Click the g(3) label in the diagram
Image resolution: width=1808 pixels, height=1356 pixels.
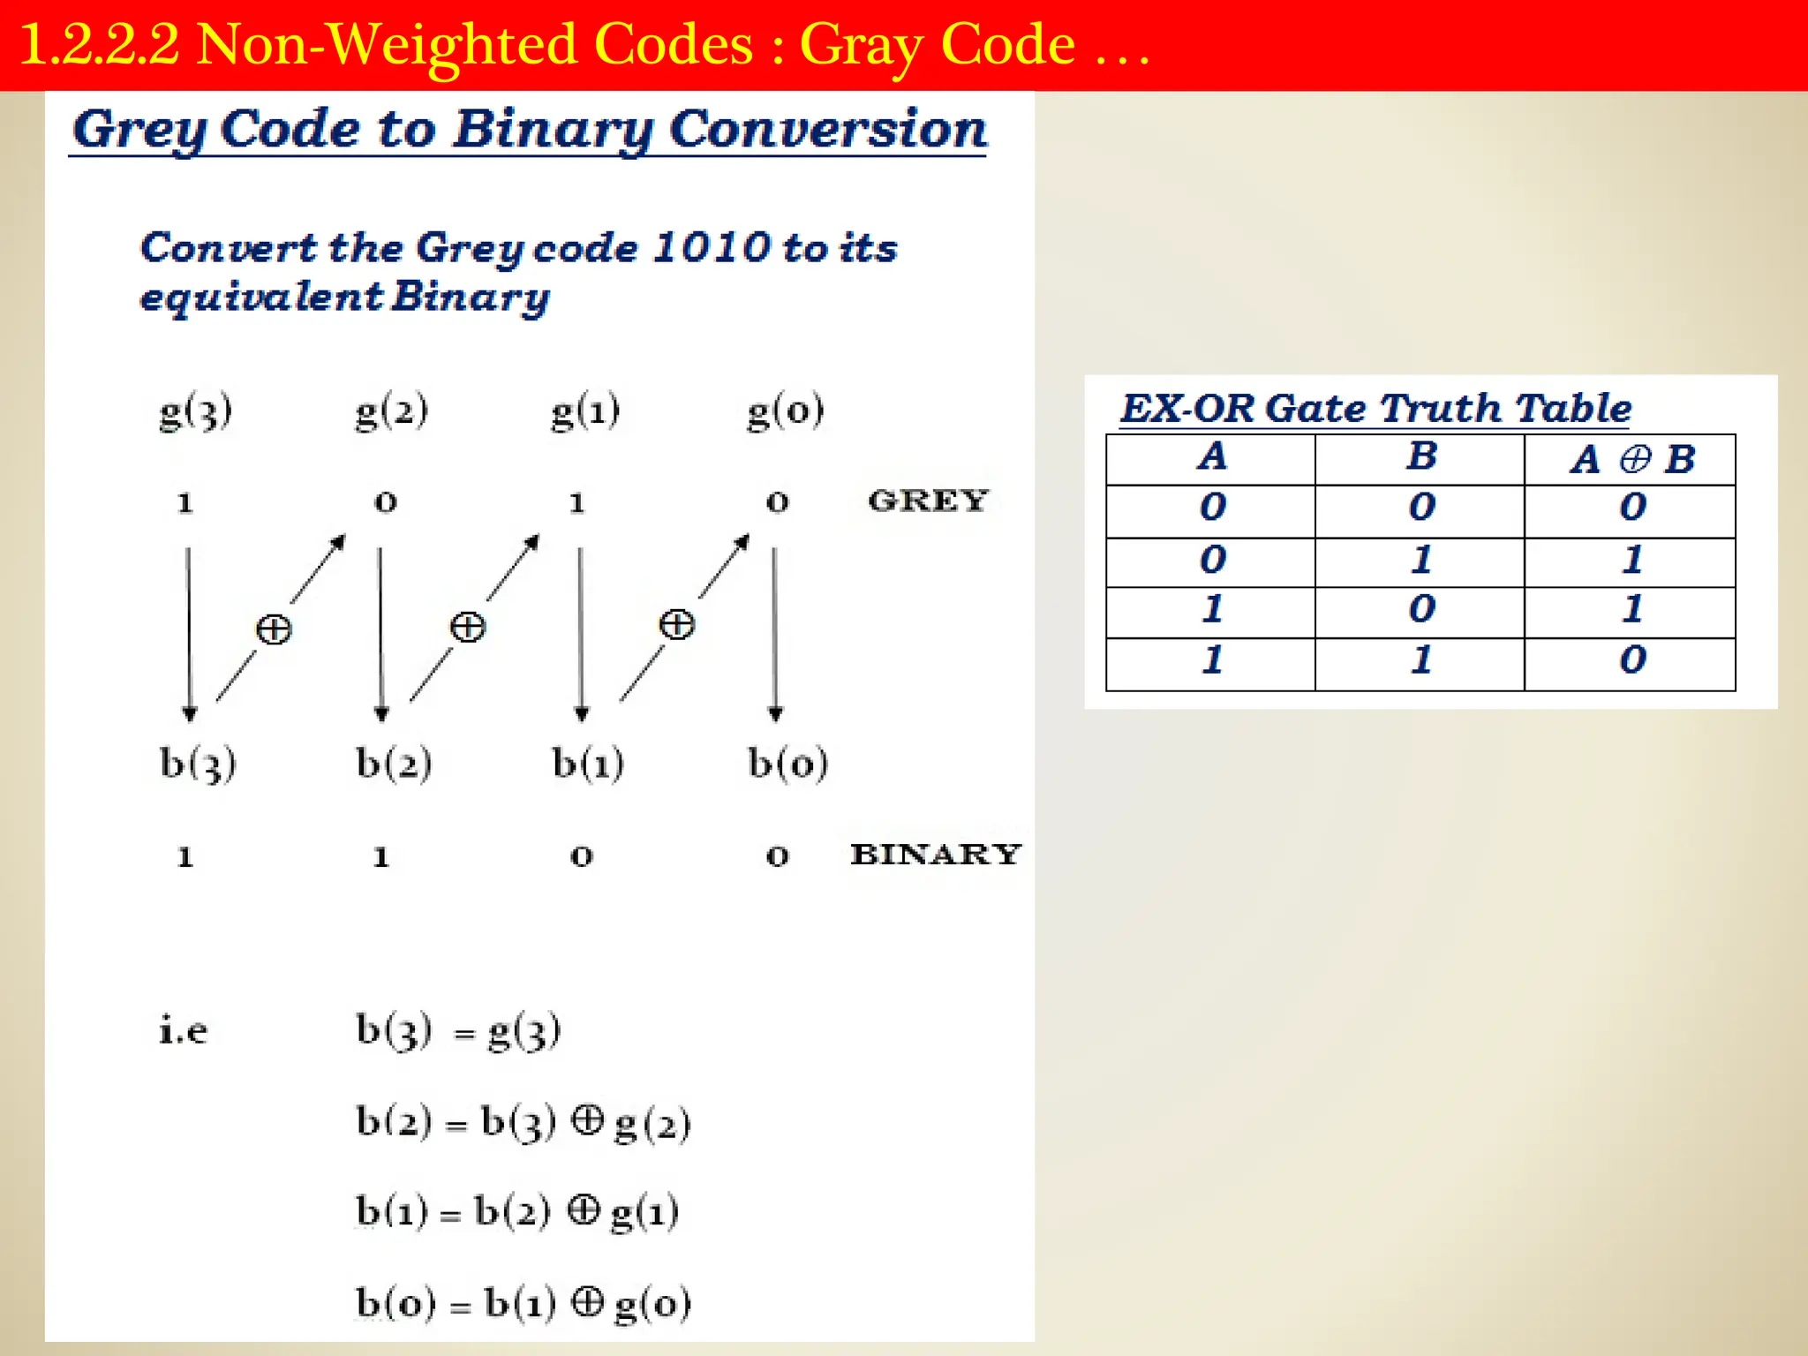(x=195, y=411)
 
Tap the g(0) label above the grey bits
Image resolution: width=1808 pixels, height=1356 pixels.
(x=785, y=411)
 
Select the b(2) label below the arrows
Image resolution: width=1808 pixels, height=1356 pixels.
(x=394, y=764)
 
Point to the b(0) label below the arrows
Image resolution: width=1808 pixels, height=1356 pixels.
(x=787, y=764)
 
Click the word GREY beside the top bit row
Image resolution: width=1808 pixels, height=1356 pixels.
(x=928, y=501)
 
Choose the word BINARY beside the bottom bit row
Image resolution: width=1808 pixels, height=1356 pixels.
(x=936, y=854)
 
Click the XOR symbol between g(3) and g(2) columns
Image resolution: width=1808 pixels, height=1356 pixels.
(x=274, y=629)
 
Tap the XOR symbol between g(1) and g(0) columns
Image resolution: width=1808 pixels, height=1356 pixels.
(x=677, y=624)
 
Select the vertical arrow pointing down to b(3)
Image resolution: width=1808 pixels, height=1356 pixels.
(x=189, y=632)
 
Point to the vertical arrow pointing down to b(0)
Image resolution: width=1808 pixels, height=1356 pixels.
(x=775, y=632)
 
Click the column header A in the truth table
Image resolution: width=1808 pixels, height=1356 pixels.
(x=1212, y=457)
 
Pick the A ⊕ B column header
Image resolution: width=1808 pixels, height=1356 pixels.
(x=1632, y=459)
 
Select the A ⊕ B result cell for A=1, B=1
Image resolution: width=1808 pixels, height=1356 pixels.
(x=1632, y=660)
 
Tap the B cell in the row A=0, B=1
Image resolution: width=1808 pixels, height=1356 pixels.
(x=1421, y=560)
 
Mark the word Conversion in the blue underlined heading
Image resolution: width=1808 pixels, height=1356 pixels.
(x=827, y=130)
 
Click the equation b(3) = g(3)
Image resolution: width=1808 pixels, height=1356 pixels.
(x=457, y=1030)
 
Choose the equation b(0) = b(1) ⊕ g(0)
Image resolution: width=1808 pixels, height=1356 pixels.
(x=523, y=1303)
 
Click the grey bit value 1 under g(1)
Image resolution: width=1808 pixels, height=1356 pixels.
(x=577, y=503)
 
